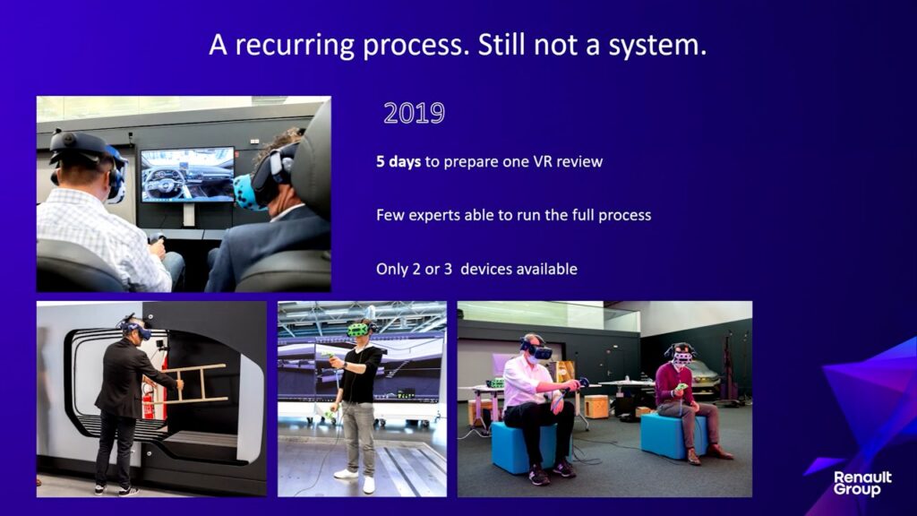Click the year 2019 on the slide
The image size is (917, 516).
coord(414,113)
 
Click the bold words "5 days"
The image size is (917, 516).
coord(399,161)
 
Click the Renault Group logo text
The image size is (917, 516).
coord(862,484)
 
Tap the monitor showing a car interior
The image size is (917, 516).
coord(187,175)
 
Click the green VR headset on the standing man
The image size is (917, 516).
coord(358,330)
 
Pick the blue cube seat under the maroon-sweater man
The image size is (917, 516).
coord(666,436)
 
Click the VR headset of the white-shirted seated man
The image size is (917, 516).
coord(537,350)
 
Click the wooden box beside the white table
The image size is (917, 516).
coord(596,407)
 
